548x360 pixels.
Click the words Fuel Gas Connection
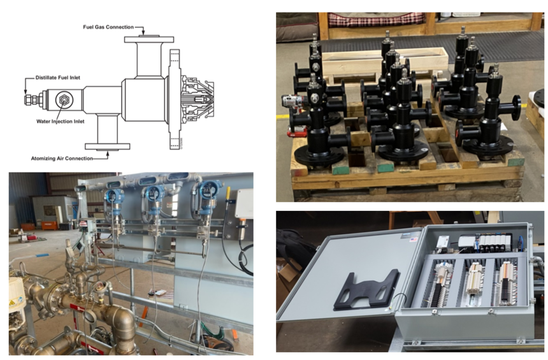point(108,27)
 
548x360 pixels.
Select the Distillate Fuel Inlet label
point(57,78)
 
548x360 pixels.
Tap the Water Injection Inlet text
point(61,121)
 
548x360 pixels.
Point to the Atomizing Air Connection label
point(62,158)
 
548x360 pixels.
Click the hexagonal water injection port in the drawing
point(64,100)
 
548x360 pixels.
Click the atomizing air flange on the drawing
point(107,147)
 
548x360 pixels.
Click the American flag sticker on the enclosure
point(414,240)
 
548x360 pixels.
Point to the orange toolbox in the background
point(49,226)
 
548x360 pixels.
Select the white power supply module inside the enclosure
point(442,243)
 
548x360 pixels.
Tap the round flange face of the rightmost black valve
point(517,104)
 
